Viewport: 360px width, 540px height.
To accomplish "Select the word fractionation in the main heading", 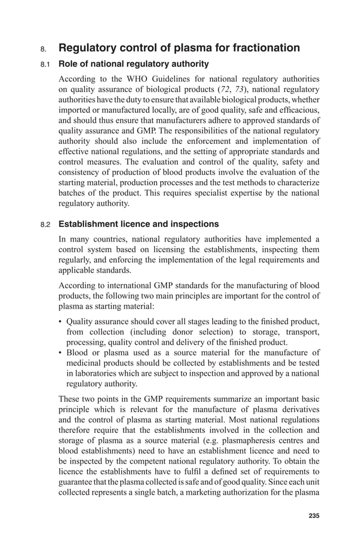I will (258, 48).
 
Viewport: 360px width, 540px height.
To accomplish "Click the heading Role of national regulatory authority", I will (134, 64).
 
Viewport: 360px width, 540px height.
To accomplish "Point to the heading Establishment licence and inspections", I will (139, 225).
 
